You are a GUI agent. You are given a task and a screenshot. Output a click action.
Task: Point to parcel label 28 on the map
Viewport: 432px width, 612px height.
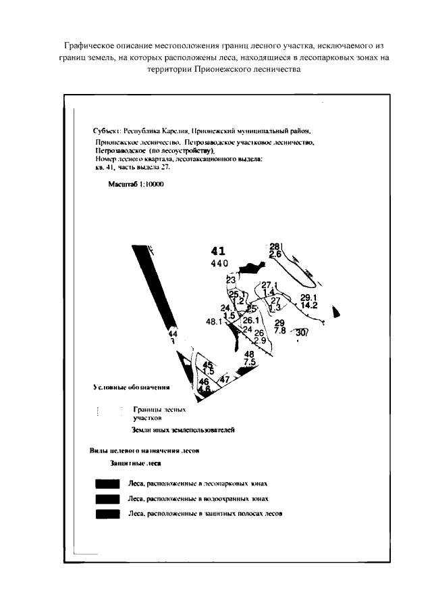(x=275, y=247)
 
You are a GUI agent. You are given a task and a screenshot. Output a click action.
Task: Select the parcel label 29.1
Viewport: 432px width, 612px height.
(x=308, y=298)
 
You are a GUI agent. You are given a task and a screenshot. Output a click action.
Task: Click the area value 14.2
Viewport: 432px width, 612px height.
(x=309, y=306)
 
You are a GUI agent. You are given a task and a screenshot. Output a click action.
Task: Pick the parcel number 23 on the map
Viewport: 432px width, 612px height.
(x=231, y=280)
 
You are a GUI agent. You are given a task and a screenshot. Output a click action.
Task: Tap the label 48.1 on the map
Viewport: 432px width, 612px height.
(x=215, y=322)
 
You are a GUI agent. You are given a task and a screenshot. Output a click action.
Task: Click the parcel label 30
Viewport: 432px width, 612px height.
(x=301, y=332)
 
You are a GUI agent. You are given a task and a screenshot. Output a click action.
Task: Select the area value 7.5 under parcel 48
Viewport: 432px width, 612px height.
(x=249, y=362)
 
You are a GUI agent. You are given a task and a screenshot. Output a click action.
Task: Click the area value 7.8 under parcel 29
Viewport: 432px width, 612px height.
(x=279, y=330)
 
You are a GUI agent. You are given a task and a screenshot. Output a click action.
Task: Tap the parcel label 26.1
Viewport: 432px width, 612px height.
(x=251, y=321)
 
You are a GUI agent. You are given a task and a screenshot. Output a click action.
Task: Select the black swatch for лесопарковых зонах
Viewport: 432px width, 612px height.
(x=107, y=484)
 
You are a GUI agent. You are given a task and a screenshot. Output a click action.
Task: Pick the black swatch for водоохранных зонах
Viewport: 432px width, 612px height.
(x=107, y=499)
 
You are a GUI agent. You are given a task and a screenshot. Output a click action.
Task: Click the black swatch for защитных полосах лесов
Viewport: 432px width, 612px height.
(x=107, y=514)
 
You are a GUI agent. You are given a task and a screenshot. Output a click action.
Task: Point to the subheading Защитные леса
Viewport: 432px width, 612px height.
(x=135, y=465)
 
